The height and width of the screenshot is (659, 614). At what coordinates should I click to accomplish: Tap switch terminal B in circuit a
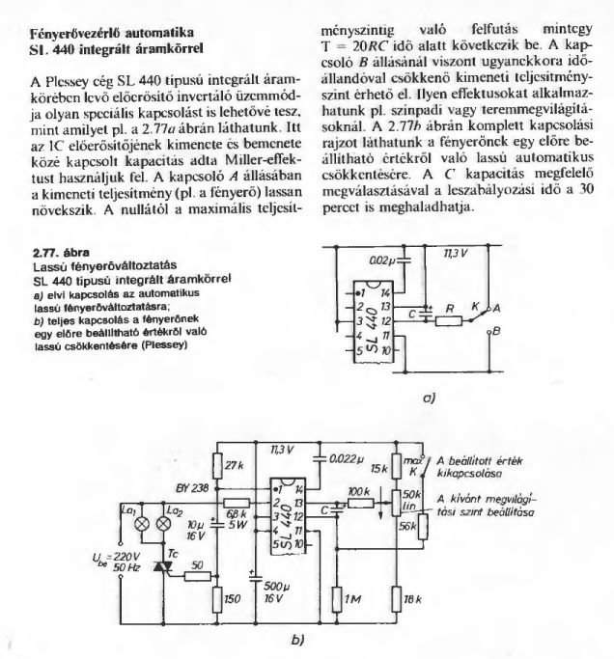496,331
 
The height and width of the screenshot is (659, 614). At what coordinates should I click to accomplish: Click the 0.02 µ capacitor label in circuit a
384,261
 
